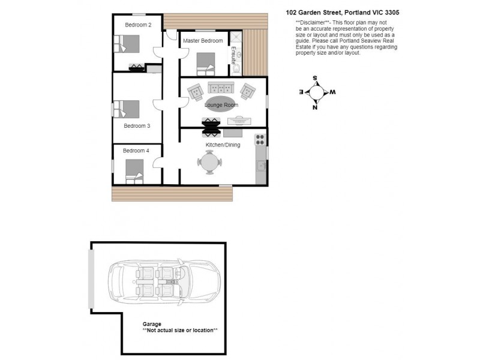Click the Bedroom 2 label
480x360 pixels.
click(138, 25)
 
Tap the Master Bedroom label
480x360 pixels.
click(203, 41)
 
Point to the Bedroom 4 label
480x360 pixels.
click(136, 151)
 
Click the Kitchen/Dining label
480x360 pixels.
click(223, 145)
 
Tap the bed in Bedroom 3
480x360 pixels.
click(128, 109)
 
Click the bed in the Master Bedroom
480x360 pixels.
click(206, 61)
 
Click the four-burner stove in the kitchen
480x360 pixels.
click(260, 140)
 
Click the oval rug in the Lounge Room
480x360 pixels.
click(221, 103)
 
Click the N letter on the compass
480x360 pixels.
click(315, 108)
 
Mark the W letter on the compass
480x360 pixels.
click(332, 92)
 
